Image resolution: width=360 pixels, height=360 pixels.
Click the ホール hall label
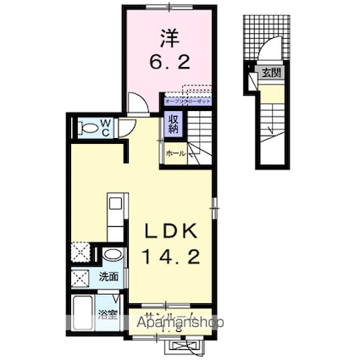(x=176, y=153)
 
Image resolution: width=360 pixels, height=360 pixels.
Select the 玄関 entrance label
(x=271, y=73)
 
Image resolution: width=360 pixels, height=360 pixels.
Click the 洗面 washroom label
(x=108, y=276)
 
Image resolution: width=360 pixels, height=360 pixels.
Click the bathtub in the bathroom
(x=83, y=315)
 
